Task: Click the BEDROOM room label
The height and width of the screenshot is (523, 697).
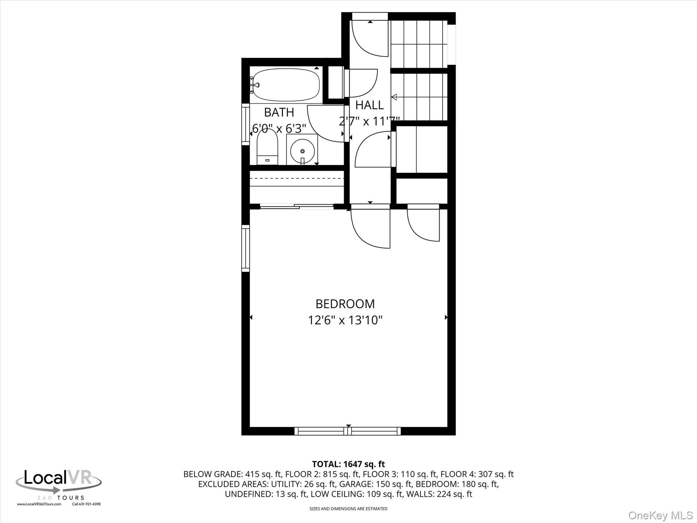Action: (345, 303)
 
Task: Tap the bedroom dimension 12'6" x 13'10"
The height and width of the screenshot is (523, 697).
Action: (345, 320)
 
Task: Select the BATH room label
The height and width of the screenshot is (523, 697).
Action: (279, 112)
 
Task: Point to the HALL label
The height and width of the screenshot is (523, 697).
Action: (369, 105)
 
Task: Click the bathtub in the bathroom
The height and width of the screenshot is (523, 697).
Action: (286, 85)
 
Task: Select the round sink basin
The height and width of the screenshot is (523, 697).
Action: (302, 151)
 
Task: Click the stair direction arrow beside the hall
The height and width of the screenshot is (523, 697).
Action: (394, 97)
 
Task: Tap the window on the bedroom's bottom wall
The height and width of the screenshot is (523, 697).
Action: (347, 431)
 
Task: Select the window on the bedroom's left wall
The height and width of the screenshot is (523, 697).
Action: (245, 248)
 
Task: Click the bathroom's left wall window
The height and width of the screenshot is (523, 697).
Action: (245, 124)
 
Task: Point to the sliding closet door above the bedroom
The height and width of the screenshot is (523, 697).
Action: (296, 206)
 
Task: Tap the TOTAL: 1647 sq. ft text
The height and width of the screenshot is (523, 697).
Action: (348, 464)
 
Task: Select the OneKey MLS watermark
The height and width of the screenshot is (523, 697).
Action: (660, 515)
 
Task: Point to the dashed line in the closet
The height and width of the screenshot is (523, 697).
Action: (296, 178)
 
